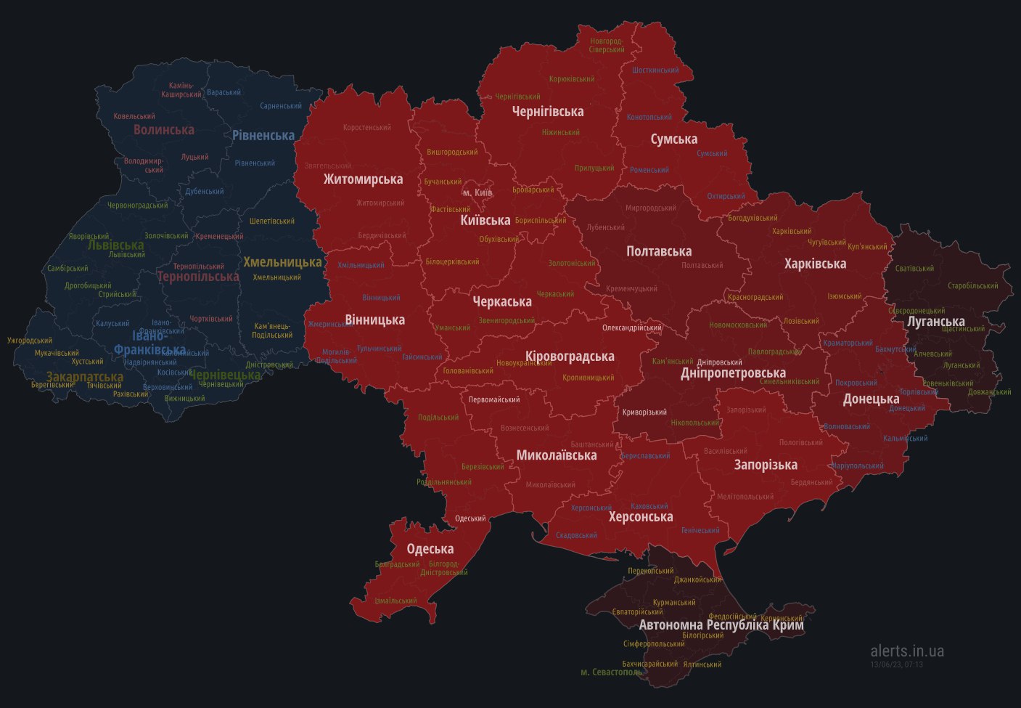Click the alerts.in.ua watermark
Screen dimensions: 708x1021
point(907,651)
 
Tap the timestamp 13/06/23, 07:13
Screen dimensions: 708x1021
point(897,664)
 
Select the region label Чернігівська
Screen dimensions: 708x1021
point(548,111)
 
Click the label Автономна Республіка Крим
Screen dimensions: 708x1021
point(721,624)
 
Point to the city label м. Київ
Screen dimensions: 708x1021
point(477,192)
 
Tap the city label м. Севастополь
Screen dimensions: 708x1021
point(612,672)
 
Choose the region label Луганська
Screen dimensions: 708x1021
point(936,321)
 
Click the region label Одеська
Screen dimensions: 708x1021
point(430,549)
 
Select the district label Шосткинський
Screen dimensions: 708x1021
point(655,70)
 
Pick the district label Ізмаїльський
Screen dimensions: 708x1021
point(395,601)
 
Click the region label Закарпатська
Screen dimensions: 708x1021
point(85,377)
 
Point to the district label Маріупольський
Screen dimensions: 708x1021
point(858,465)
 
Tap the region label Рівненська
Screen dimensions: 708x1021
point(263,135)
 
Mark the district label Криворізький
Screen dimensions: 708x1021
point(644,412)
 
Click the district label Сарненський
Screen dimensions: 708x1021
point(281,106)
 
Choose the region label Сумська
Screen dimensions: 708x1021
point(673,139)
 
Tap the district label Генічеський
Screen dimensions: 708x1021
point(700,530)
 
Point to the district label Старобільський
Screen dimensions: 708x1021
point(973,285)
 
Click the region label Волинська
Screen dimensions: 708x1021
point(164,129)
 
